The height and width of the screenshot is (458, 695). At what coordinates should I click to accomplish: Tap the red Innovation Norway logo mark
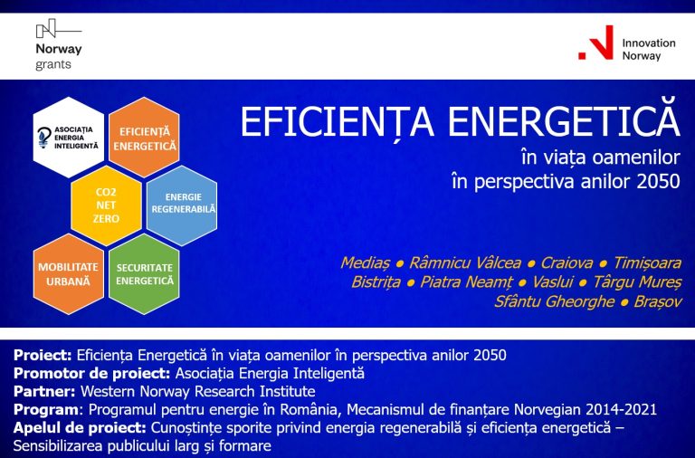[x=596, y=43]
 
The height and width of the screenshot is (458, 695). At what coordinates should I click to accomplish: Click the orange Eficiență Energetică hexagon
[x=144, y=138]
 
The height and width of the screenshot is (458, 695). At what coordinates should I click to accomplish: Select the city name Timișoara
[x=646, y=262]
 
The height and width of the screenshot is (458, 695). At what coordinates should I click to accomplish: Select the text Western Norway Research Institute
[x=198, y=391]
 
